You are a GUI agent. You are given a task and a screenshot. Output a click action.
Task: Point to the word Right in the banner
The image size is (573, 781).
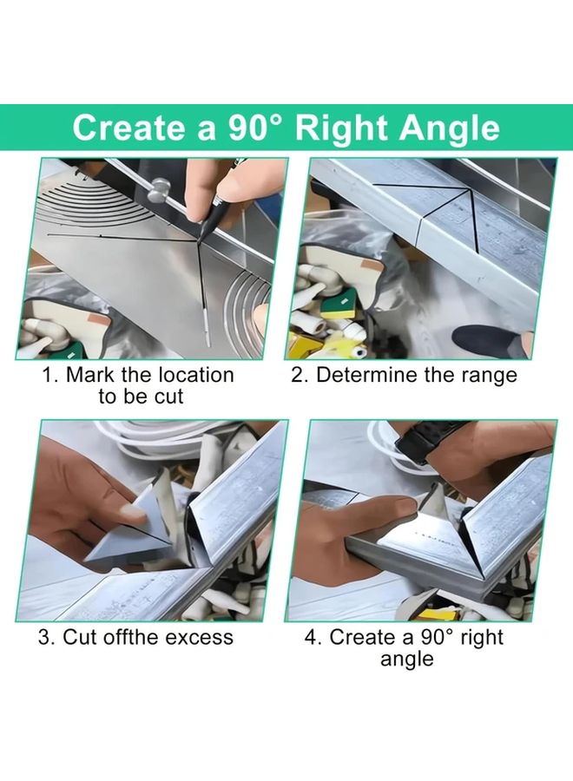click(341, 128)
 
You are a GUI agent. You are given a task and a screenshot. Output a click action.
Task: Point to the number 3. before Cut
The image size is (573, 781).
click(47, 637)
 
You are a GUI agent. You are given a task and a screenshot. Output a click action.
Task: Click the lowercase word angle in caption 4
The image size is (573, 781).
click(406, 659)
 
